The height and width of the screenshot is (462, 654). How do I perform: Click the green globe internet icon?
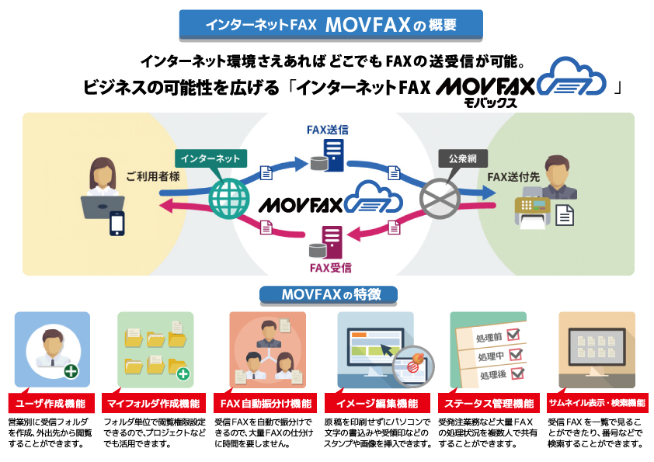click(229, 199)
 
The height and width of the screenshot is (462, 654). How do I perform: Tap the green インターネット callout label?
click(211, 158)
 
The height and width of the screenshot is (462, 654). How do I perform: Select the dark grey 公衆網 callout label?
click(463, 158)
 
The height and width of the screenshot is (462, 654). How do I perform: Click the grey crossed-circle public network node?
click(440, 199)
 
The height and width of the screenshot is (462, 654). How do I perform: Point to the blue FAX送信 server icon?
click(328, 155)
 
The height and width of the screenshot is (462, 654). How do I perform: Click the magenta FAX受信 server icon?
click(326, 243)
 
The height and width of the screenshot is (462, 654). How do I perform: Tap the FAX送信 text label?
click(328, 130)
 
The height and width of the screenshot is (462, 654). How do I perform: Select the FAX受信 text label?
click(331, 268)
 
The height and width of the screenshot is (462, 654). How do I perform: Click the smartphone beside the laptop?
click(117, 224)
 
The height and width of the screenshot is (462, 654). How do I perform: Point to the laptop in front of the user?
click(103, 207)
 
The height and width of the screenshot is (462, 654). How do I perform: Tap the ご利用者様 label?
click(153, 176)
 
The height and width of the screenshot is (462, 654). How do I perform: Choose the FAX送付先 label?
click(513, 177)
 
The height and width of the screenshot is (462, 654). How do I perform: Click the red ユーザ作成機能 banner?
click(51, 403)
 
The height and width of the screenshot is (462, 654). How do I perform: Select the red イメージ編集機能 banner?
click(377, 403)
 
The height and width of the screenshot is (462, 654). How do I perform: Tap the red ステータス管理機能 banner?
click(489, 403)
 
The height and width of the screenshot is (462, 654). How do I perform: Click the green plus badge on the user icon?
click(71, 370)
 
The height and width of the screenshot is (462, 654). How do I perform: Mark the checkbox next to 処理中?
click(516, 353)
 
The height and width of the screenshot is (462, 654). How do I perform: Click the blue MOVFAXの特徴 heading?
click(329, 294)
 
